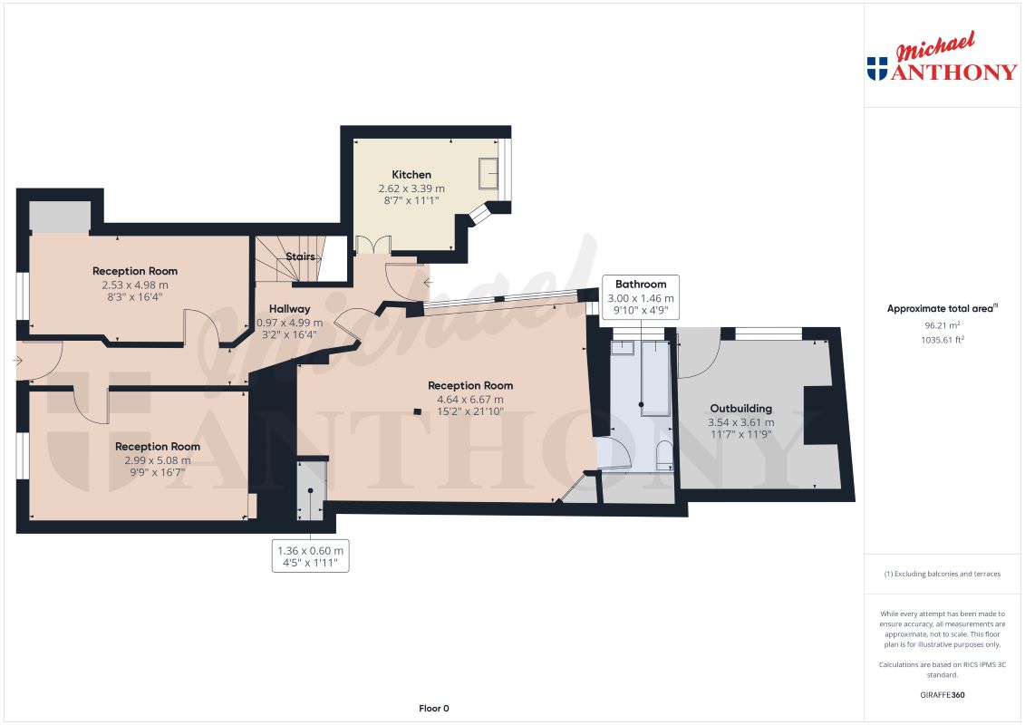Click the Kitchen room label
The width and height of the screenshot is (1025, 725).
[411, 174]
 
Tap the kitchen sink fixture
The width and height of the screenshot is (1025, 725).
[488, 172]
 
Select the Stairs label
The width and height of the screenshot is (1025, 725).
[300, 256]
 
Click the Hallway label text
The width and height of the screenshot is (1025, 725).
[288, 309]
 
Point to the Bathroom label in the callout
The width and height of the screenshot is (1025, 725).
[641, 284]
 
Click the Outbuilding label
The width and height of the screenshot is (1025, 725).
[740, 408]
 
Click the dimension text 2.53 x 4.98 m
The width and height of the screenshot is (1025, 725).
[134, 285]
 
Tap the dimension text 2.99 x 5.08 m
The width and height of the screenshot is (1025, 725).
[157, 460]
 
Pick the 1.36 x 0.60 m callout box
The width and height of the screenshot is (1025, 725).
[310, 556]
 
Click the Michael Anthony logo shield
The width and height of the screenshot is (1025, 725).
[876, 69]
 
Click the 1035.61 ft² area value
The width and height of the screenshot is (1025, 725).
[943, 339]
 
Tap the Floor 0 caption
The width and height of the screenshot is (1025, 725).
[433, 708]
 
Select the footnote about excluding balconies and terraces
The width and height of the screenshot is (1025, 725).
[943, 574]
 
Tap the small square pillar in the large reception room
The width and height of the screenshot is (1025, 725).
[416, 412]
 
